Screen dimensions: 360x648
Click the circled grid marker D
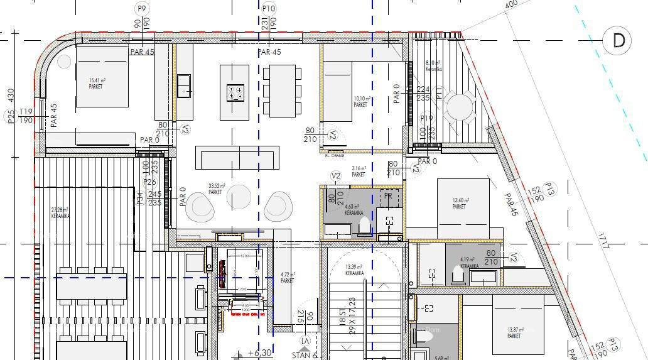(618, 41)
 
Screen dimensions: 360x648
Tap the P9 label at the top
(141, 8)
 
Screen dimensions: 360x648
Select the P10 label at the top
(268, 8)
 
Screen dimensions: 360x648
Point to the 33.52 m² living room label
(215, 188)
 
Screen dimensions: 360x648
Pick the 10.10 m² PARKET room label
(361, 102)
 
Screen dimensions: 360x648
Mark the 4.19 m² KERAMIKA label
(468, 262)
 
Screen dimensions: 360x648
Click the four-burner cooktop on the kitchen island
(235, 93)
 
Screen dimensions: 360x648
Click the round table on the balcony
(460, 108)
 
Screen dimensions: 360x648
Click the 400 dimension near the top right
(511, 5)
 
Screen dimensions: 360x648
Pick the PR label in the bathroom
(389, 196)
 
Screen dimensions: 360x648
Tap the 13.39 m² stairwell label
(355, 270)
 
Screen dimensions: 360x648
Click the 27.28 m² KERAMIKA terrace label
(62, 212)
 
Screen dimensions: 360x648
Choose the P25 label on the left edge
(11, 116)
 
